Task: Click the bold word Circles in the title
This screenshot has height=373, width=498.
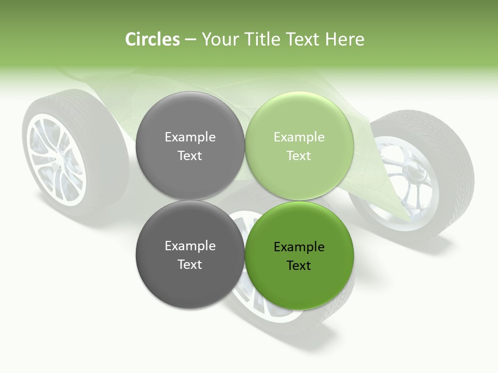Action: (x=152, y=39)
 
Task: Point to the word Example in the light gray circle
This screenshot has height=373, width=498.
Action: (x=190, y=137)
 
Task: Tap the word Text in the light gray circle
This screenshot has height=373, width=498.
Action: (x=190, y=156)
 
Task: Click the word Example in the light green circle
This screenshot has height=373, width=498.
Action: (x=299, y=137)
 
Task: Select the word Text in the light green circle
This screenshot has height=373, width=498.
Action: (x=299, y=156)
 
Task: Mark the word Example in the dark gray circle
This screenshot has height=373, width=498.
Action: (x=190, y=246)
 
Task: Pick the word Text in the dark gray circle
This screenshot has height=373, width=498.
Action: (x=190, y=265)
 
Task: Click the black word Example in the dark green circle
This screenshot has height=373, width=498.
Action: (x=299, y=247)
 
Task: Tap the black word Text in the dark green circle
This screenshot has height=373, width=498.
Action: (x=299, y=266)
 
